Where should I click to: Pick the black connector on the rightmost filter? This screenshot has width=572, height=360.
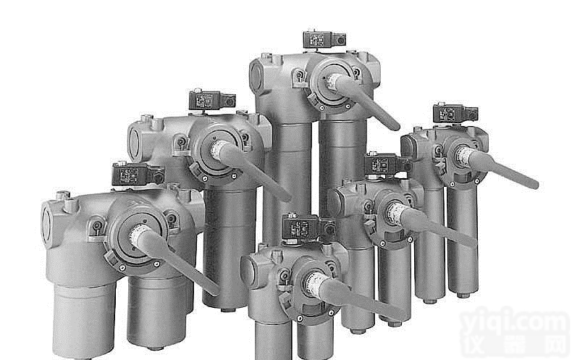[454, 114]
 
